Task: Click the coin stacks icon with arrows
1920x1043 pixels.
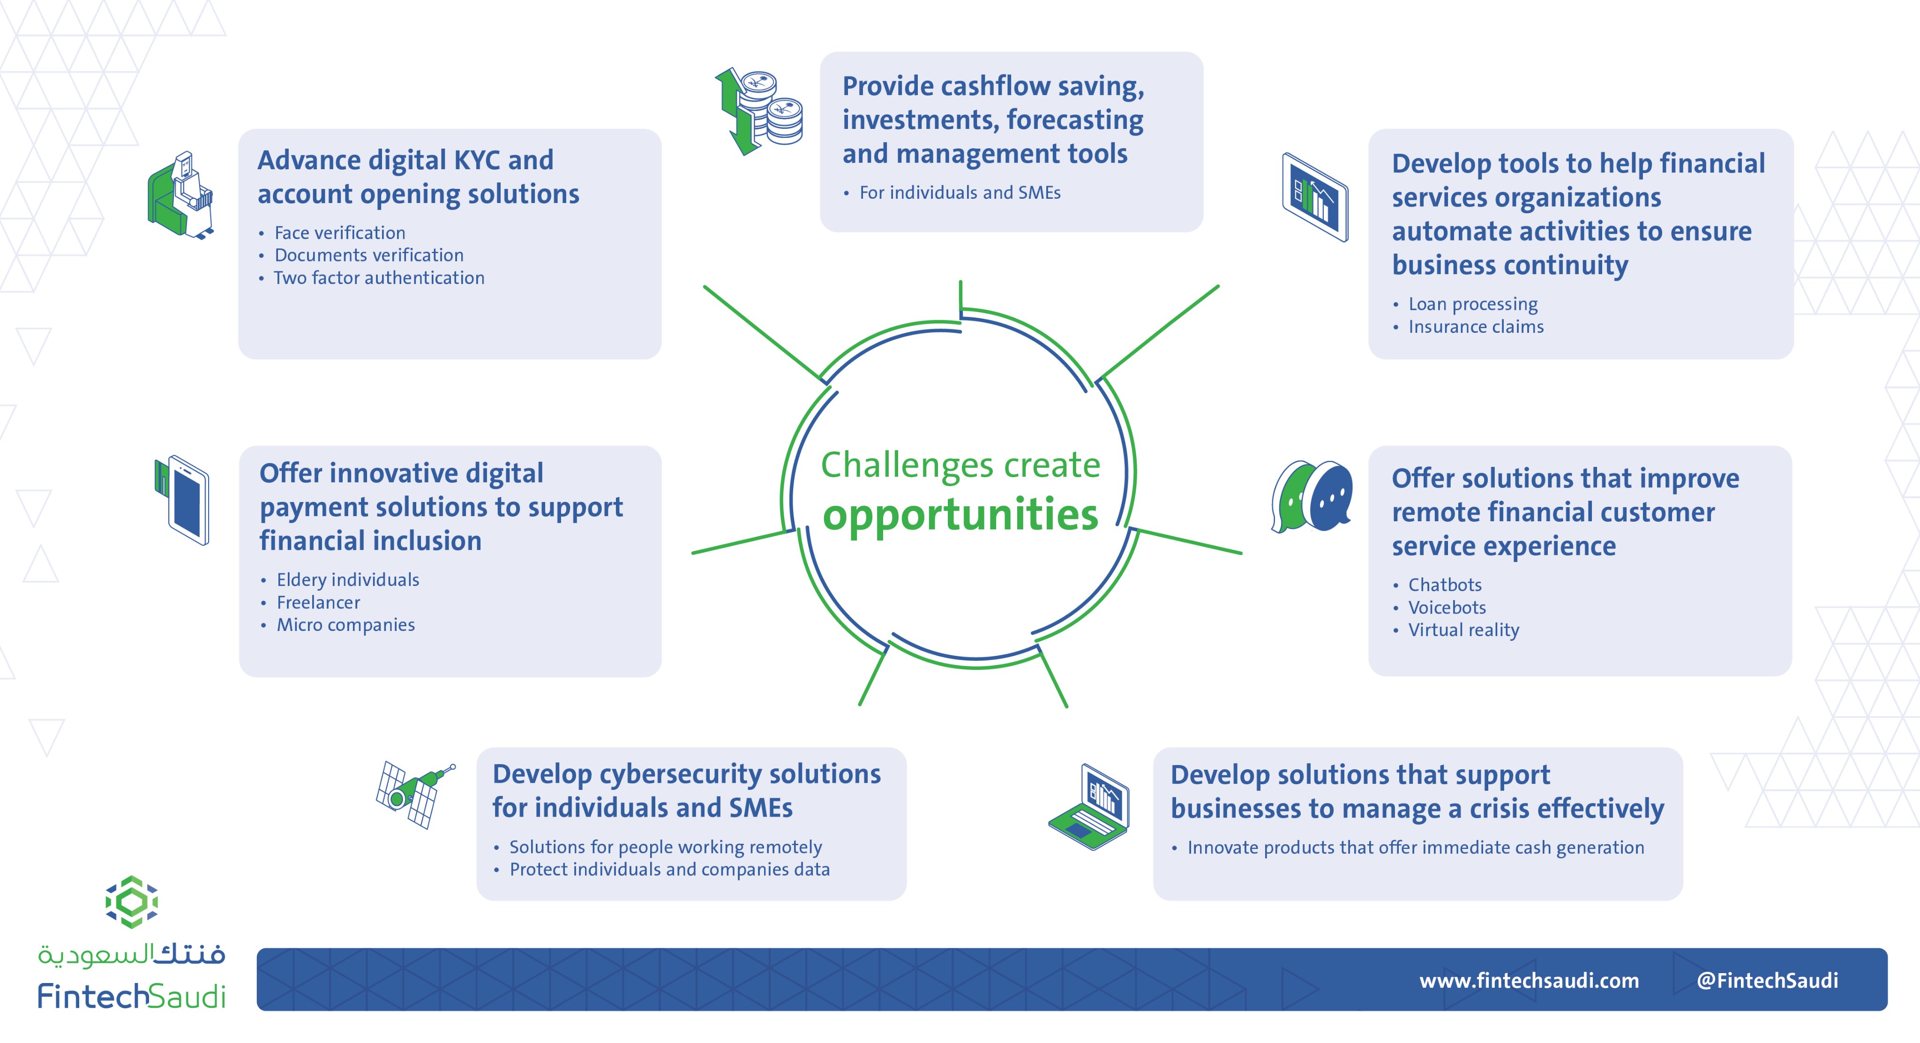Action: click(x=759, y=112)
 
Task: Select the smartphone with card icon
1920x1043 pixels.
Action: click(x=183, y=500)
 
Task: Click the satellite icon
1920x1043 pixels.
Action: click(x=414, y=795)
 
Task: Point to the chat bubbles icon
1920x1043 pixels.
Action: click(x=1312, y=496)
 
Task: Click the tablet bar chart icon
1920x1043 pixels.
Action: click(x=1315, y=197)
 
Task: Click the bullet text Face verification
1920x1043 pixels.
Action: click(x=340, y=233)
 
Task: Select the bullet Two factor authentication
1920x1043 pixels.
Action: click(x=379, y=278)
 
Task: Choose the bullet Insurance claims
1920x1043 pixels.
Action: click(x=1476, y=327)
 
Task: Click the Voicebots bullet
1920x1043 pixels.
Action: click(x=1447, y=608)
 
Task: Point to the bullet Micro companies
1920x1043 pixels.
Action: click(x=346, y=625)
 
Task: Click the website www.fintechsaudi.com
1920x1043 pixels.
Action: click(x=1529, y=980)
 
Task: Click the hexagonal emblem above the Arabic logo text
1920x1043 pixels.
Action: click(x=131, y=902)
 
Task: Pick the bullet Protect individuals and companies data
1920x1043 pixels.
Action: click(x=669, y=869)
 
